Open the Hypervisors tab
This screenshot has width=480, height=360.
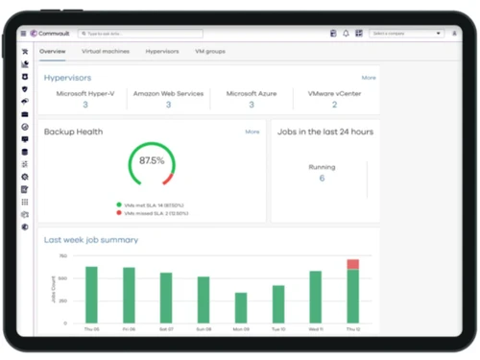tap(162, 50)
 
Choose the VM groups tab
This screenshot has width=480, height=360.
tap(210, 50)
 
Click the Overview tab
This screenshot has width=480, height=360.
tap(53, 50)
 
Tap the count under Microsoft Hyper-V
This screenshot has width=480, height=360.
tap(84, 105)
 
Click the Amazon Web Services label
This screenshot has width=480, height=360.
tap(168, 93)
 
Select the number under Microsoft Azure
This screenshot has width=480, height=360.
tap(252, 105)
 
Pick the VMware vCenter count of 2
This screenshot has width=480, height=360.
tap(334, 105)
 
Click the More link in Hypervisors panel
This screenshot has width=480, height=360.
tap(369, 77)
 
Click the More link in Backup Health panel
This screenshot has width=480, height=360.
tap(252, 132)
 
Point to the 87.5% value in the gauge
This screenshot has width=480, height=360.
tap(152, 161)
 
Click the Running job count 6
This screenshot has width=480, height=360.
tap(322, 178)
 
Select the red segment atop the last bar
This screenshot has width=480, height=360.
tap(352, 264)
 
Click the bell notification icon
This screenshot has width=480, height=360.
tap(346, 33)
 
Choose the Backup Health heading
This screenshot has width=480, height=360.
tap(73, 132)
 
